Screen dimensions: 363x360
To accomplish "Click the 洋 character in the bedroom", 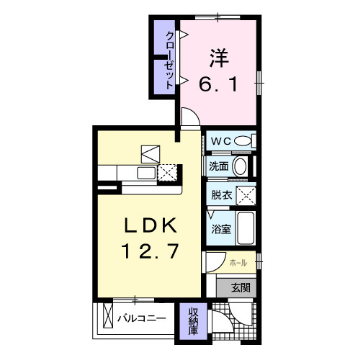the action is [219, 58].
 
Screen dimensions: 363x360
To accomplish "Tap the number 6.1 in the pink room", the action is [218, 84].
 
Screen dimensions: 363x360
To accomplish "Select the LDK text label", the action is [151, 225].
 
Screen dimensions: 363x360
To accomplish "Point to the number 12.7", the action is [150, 251].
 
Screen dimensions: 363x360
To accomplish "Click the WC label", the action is [221, 141].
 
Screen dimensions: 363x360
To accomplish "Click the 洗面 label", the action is [218, 166].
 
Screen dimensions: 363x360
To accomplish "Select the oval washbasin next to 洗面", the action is [240, 166].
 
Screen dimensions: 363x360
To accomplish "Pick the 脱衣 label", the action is [221, 195].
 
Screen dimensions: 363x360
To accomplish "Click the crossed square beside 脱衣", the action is [246, 196].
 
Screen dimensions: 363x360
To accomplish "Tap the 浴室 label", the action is [221, 229].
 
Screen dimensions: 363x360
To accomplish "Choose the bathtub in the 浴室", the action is [246, 228].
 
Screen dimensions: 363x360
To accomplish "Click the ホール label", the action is [238, 263].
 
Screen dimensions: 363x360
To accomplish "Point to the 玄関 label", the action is [241, 287].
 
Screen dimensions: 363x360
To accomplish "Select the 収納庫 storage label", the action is [193, 321].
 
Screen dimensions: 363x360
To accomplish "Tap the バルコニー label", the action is [142, 318].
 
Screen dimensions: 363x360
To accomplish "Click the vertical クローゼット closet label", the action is [169, 60].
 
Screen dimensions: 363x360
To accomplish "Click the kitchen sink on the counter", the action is [146, 173].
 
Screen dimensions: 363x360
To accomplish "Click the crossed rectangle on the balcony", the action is [108, 315].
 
